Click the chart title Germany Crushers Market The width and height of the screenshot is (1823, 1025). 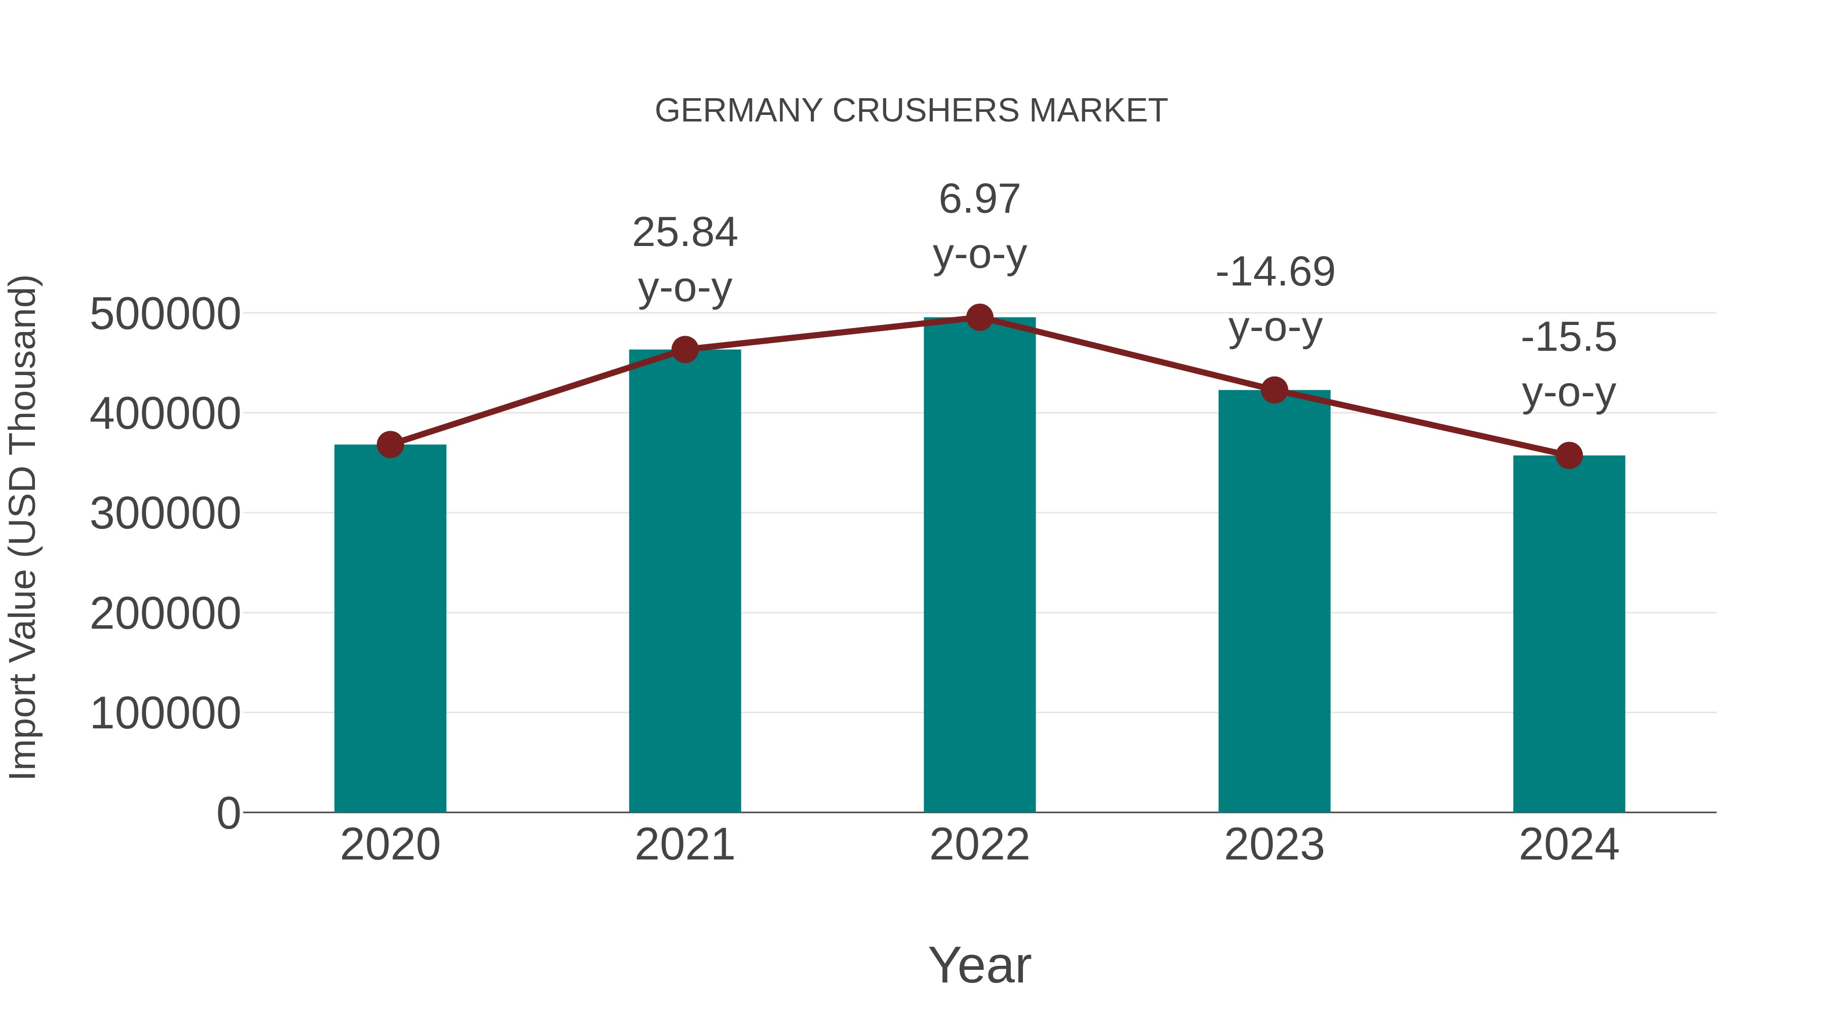click(911, 111)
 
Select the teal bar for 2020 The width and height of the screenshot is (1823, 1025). click(390, 630)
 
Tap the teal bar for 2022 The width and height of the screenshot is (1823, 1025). click(979, 566)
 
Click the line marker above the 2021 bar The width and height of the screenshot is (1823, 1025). click(684, 349)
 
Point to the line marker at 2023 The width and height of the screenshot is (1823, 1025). click(1274, 390)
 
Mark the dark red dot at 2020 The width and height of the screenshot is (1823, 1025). click(390, 445)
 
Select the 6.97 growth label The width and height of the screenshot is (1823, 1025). click(979, 199)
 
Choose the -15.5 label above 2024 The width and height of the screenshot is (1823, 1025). click(1569, 338)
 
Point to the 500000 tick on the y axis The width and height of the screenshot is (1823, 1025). click(165, 314)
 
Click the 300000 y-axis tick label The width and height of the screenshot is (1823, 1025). click(165, 514)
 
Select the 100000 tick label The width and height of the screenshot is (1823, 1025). click(165, 713)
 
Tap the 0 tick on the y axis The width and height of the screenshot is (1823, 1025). click(228, 813)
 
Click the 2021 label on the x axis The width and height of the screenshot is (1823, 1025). click(684, 845)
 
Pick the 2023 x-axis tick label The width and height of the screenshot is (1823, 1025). click(1274, 845)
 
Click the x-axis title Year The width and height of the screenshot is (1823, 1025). click(979, 965)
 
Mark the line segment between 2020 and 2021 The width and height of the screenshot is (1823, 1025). click(538, 397)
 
